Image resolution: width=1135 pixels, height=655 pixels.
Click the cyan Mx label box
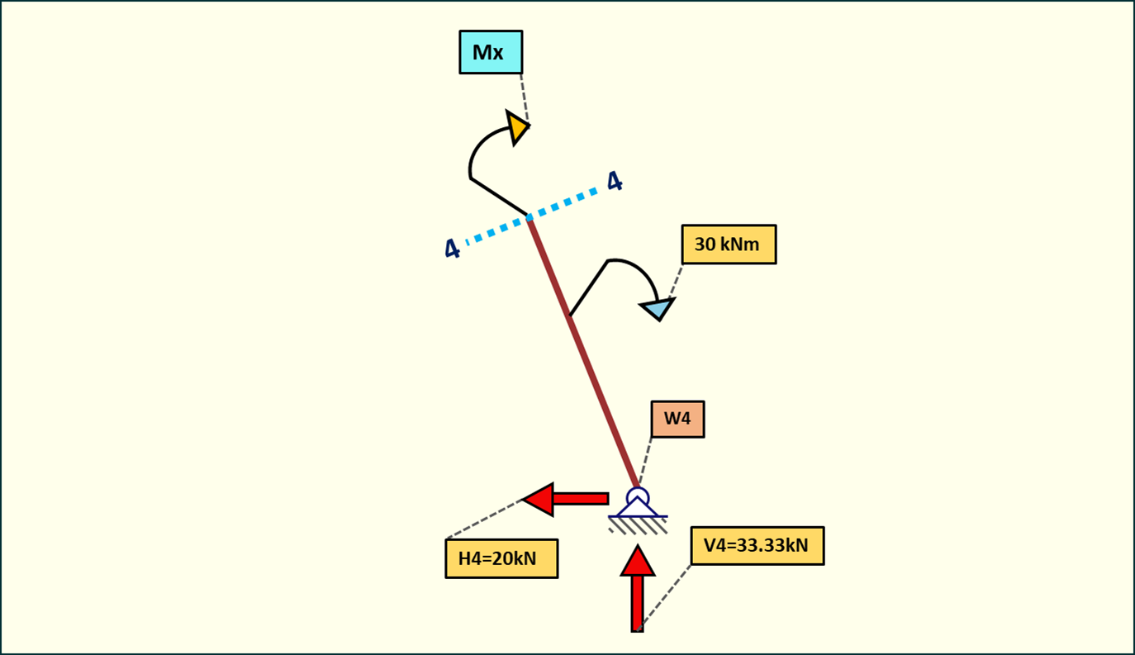click(x=491, y=53)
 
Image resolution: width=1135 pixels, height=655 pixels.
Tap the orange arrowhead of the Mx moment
click(x=518, y=127)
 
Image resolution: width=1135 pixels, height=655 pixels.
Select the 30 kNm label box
click(x=729, y=244)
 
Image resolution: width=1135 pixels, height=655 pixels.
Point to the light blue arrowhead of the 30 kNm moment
click(x=658, y=309)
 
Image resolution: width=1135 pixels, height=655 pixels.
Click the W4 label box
click(x=677, y=419)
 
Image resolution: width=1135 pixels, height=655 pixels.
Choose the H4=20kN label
click(x=501, y=558)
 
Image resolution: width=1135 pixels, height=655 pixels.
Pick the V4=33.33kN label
click(x=757, y=545)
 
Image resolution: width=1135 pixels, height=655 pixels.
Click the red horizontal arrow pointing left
click(x=567, y=499)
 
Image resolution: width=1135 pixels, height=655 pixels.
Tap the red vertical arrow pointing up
click(x=637, y=588)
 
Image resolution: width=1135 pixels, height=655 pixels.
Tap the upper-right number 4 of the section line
click(x=615, y=182)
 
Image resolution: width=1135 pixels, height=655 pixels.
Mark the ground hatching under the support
click(x=638, y=525)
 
